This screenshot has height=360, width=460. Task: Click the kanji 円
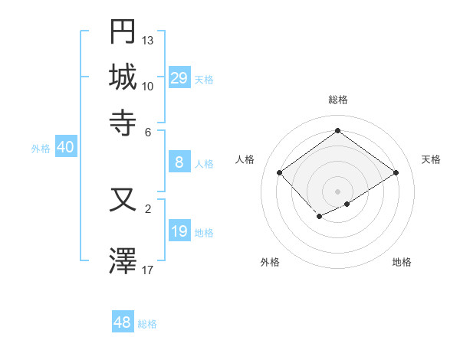tap(123, 32)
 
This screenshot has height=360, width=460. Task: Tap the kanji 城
tap(123, 77)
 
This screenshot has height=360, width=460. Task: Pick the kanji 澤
tap(123, 260)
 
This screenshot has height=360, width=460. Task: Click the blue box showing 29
tap(179, 78)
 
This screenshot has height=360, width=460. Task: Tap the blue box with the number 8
tap(179, 162)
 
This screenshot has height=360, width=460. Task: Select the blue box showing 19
tap(179, 231)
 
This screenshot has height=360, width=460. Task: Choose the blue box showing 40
tap(65, 148)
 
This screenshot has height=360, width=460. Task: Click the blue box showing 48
tap(123, 322)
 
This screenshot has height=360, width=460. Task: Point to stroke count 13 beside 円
tap(148, 40)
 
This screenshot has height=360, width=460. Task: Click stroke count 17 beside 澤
tap(148, 269)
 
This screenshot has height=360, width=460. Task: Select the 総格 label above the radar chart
tap(337, 100)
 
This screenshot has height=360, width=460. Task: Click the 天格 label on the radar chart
tap(431, 159)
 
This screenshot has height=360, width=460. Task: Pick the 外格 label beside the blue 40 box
tap(40, 149)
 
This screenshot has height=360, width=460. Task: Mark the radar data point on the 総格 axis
tap(337, 130)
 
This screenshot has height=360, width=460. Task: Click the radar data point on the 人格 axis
tap(280, 173)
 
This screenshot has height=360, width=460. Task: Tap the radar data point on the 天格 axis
tap(396, 173)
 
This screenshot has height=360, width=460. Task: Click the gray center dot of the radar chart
tap(337, 191)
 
